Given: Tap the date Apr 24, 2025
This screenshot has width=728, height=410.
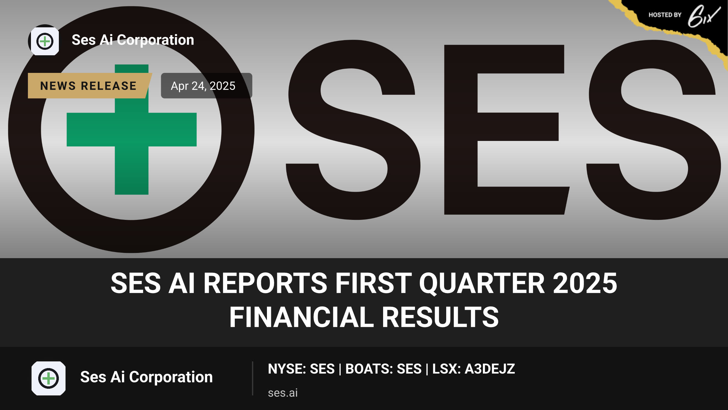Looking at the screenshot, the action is click(203, 86).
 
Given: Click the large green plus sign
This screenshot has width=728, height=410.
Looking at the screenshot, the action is click(132, 129).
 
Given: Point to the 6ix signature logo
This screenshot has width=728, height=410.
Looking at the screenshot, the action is click(704, 16).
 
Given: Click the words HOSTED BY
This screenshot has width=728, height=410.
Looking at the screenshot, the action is click(665, 15).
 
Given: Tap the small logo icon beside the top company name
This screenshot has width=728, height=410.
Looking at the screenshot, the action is click(45, 41).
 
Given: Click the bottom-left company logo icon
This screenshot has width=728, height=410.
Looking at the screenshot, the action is click(49, 378).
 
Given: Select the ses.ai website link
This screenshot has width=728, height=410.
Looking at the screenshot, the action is click(283, 393).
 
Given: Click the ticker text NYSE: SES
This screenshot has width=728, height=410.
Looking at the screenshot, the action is click(301, 369).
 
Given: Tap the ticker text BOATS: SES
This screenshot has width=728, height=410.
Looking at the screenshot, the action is click(383, 369).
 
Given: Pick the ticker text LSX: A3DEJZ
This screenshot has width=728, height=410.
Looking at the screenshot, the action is click(474, 369).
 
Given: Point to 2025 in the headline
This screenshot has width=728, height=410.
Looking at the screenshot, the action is click(585, 283).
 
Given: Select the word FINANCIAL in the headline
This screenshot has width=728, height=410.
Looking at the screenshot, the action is click(302, 317).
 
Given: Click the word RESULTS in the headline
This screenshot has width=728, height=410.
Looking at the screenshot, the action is click(440, 317).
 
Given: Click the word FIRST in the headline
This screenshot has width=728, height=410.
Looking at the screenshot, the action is click(373, 283).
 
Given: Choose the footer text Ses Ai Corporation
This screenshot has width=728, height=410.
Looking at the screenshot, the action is click(147, 377).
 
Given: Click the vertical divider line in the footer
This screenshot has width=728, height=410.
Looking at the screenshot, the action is click(252, 378).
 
